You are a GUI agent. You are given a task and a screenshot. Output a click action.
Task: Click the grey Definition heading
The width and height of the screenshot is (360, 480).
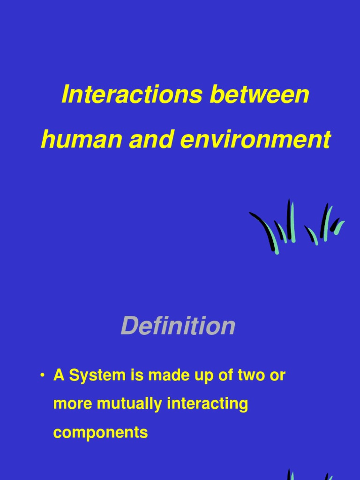[x=178, y=326]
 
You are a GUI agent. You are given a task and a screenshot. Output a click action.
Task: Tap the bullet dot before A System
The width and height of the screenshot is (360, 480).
[x=43, y=375]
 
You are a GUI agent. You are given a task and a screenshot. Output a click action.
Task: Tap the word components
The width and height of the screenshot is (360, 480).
[x=100, y=432]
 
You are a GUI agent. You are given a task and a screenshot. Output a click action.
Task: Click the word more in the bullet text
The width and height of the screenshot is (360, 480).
[x=68, y=404]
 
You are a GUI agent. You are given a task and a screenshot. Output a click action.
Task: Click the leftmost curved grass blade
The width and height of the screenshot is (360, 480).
[x=265, y=230]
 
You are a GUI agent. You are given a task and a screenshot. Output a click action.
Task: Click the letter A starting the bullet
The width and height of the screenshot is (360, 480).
[x=59, y=375]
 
